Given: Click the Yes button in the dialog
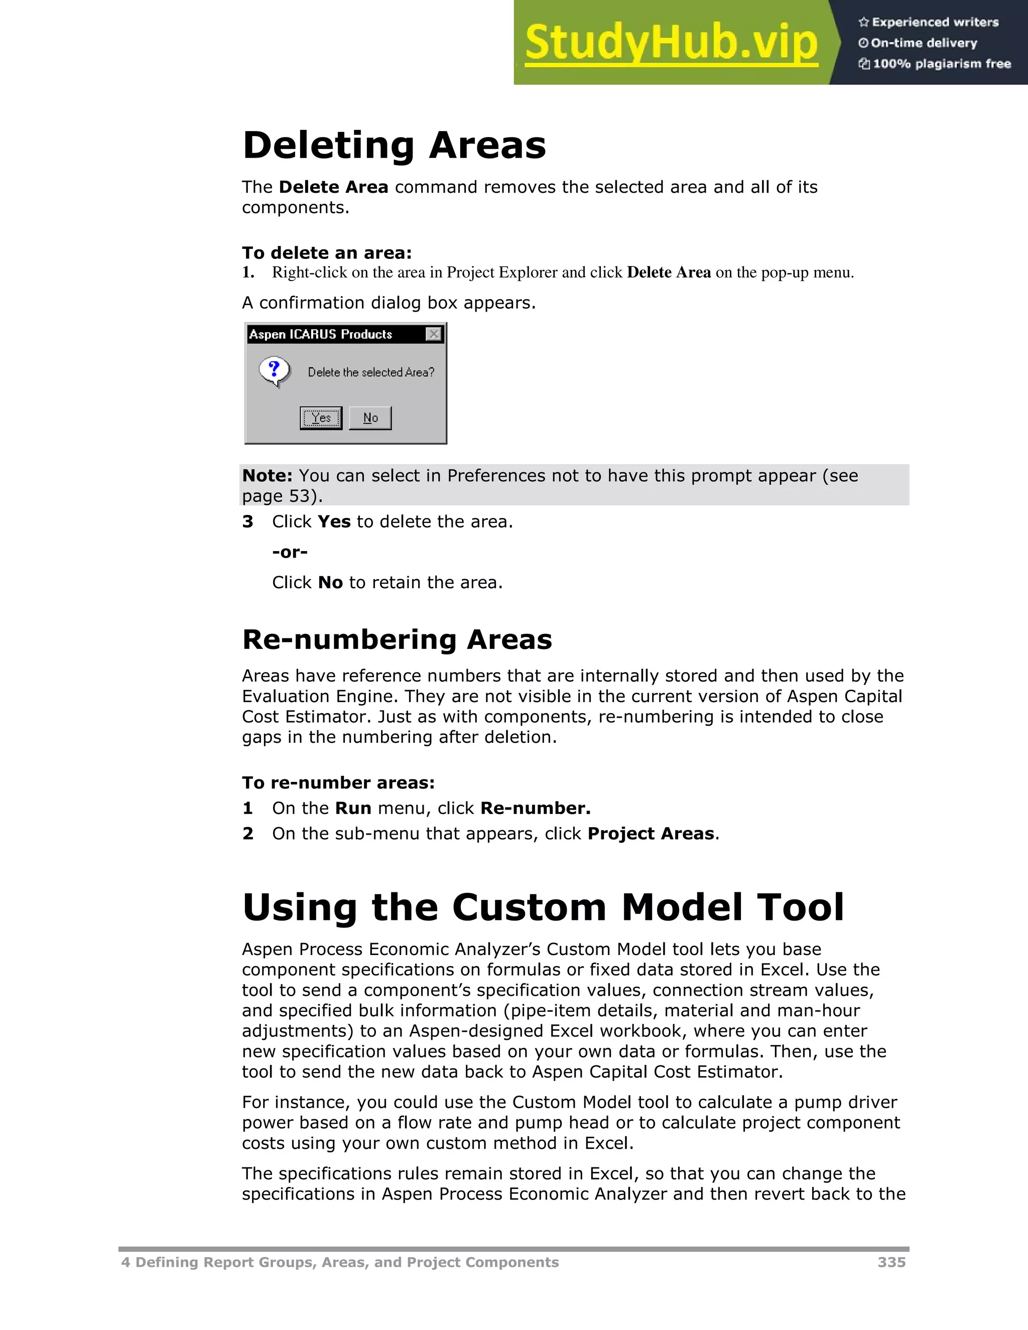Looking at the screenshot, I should (x=321, y=418).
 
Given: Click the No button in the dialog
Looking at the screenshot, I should (x=370, y=418).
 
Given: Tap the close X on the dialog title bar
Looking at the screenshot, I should (x=434, y=334).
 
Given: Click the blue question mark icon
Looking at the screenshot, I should (x=274, y=370).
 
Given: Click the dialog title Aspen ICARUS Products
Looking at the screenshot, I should (x=321, y=334).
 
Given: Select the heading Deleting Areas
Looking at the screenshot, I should (x=394, y=146).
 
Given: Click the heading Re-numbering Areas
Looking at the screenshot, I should (x=397, y=639).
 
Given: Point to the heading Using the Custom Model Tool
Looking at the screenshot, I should (x=543, y=907).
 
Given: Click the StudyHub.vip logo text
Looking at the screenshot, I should (x=671, y=43).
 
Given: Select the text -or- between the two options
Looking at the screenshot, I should (x=290, y=553).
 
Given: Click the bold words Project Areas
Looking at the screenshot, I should (x=651, y=834).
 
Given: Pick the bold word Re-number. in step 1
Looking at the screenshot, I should (x=535, y=808).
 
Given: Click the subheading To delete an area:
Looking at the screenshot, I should (x=327, y=253).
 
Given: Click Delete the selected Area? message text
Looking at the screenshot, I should (x=371, y=372).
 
